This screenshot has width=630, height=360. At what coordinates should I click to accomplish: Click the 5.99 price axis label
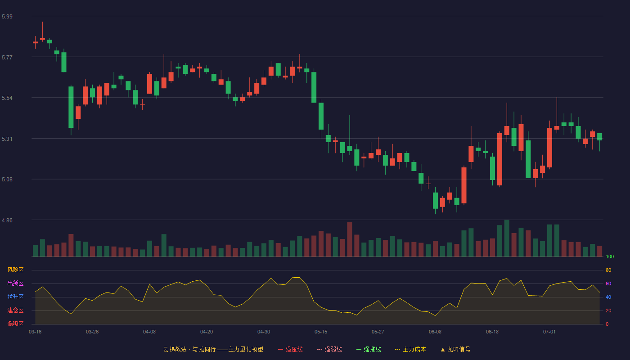(x=7, y=16)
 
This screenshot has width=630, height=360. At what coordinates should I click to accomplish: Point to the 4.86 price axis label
(x=7, y=220)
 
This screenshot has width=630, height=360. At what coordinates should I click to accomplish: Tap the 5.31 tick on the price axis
(x=7, y=139)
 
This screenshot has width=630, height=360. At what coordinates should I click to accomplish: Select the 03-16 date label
(x=35, y=332)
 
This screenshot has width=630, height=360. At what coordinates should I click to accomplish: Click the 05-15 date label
(x=321, y=332)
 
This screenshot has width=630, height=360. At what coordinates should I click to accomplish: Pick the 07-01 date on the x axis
(x=549, y=332)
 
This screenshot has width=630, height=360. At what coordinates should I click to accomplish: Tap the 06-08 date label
(x=435, y=332)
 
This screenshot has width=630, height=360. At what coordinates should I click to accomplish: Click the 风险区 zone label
(x=15, y=270)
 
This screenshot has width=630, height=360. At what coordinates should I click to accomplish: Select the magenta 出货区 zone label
(x=15, y=283)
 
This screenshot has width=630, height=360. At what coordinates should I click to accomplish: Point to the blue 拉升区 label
(x=15, y=297)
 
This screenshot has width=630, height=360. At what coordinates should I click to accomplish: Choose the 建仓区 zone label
(x=15, y=310)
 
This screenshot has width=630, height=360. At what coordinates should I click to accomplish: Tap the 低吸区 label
(x=15, y=324)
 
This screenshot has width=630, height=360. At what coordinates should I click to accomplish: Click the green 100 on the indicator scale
(x=610, y=256)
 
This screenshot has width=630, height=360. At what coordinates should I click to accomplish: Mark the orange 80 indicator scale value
(x=608, y=270)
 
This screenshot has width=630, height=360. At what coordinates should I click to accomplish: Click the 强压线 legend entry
(x=290, y=349)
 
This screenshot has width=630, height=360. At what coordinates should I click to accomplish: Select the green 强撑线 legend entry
(x=369, y=349)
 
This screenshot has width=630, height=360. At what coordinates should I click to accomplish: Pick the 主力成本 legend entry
(x=410, y=349)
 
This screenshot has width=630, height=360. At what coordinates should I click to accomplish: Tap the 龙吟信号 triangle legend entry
(x=455, y=349)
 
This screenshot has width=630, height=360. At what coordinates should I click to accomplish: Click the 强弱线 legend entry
(x=329, y=349)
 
